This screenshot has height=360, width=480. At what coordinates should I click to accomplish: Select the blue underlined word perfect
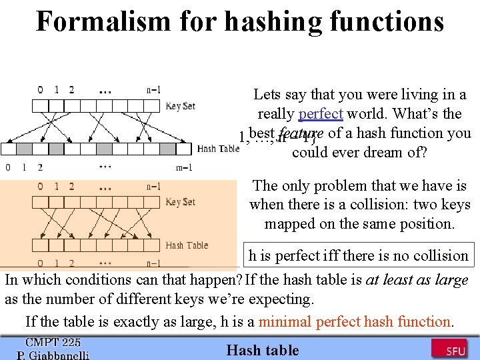tap(321, 114)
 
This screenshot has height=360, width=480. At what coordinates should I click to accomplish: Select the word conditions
tap(94, 280)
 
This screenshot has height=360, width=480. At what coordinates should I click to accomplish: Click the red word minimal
tap(285, 321)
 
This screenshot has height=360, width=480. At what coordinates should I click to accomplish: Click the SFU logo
tap(448, 349)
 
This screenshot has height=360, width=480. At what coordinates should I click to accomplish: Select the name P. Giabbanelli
tap(53, 355)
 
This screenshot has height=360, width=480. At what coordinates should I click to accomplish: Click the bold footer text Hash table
tap(263, 350)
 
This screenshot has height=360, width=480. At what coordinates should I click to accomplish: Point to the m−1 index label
tap(184, 167)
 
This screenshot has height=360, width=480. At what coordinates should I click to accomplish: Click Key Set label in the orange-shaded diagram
tap(181, 202)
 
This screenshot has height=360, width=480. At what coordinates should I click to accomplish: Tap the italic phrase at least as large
tap(417, 280)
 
